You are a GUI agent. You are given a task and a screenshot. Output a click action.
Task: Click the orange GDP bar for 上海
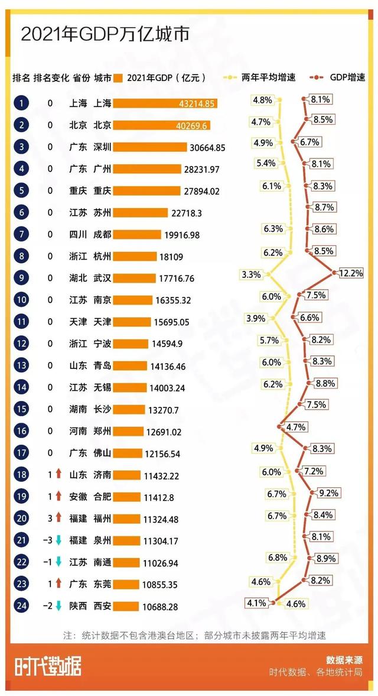[x=165, y=103]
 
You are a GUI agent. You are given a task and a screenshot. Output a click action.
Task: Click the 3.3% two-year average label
[x=251, y=274]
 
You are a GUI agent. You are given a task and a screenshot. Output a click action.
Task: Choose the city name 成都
[x=103, y=234]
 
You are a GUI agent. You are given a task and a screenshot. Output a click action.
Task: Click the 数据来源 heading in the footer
[x=344, y=660]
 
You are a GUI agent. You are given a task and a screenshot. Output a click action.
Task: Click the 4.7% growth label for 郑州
[x=295, y=426]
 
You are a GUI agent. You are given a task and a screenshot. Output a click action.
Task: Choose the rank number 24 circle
[x=21, y=606]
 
